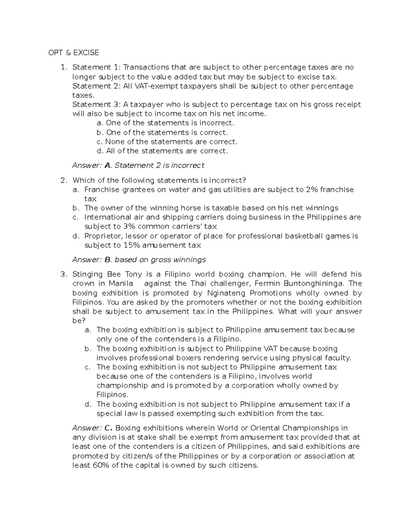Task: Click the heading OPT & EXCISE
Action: click(74, 52)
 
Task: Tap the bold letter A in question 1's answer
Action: click(108, 165)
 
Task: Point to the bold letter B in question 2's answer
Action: click(108, 260)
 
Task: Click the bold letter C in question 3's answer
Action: click(108, 428)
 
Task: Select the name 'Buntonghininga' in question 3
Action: click(317, 284)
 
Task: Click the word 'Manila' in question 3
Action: click(121, 284)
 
